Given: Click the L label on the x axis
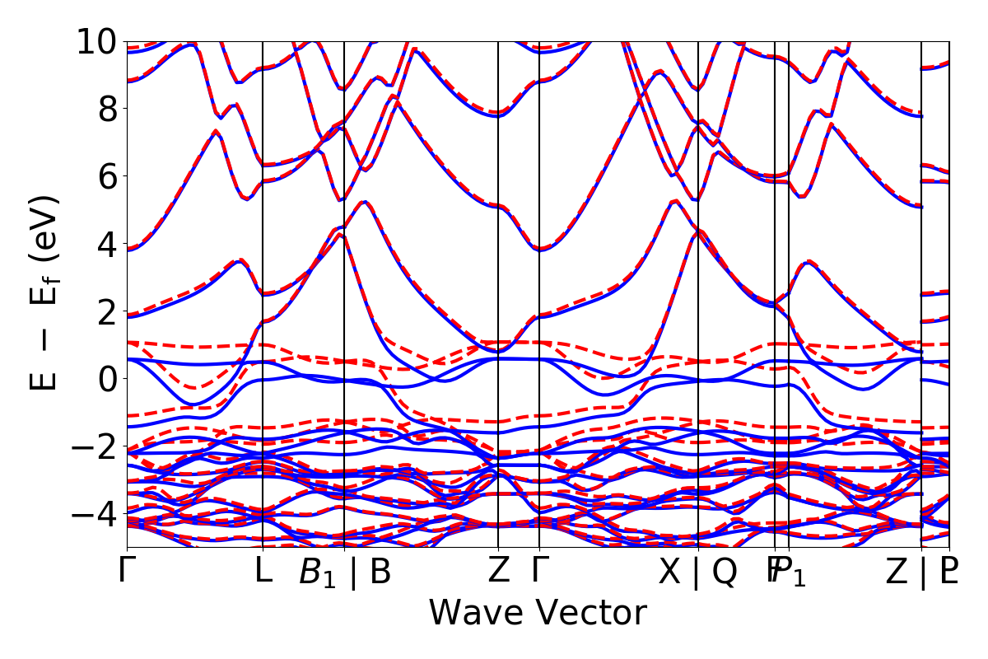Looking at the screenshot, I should [262, 571].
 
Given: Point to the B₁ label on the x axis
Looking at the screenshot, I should [317, 573].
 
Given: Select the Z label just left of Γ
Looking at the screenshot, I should [498, 571].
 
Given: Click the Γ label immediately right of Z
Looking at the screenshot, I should [539, 571].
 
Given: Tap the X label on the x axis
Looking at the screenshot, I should [670, 571].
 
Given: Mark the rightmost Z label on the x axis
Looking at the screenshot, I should [897, 571].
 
